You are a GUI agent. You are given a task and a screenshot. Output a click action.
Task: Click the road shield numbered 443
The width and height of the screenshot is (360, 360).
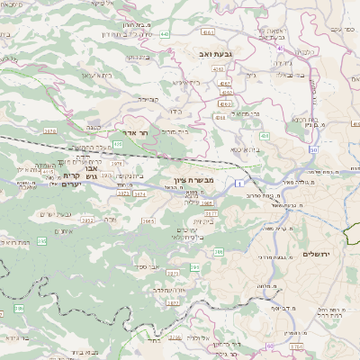[166, 34]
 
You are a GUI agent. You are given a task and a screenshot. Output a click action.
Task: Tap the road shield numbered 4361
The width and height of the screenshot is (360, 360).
[208, 32]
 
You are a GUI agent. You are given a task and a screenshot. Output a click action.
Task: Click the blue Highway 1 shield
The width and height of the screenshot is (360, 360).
[239, 184]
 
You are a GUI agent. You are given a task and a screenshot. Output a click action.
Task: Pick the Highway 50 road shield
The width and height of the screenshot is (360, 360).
[312, 151]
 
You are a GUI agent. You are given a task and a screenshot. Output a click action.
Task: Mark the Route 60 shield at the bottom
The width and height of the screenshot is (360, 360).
[272, 346]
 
